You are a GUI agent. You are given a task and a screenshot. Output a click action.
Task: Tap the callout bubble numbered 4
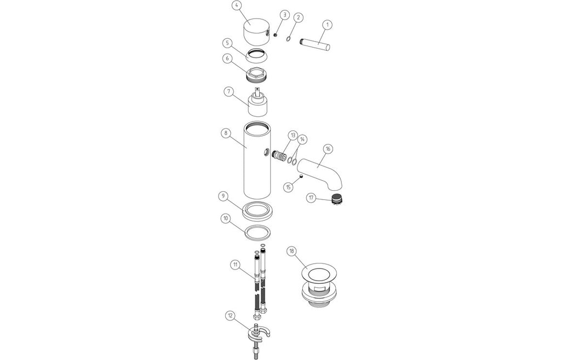pyautogui.click(x=236, y=6)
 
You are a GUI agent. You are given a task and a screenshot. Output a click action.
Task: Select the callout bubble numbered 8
pyautogui.click(x=226, y=133)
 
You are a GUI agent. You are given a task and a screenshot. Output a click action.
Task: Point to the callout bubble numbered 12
pyautogui.click(x=231, y=316)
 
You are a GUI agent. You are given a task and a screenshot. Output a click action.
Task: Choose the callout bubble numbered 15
pyautogui.click(x=289, y=187)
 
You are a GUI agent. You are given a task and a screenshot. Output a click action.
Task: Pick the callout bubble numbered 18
pyautogui.click(x=291, y=251)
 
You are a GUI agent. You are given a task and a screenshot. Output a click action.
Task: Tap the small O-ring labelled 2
pyautogui.click(x=288, y=39)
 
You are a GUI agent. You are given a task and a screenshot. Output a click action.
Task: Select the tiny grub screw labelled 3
pyautogui.click(x=276, y=35)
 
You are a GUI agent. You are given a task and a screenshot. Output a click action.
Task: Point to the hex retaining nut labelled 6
pyautogui.click(x=256, y=74)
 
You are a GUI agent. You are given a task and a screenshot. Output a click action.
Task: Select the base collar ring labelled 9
pyautogui.click(x=257, y=211)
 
